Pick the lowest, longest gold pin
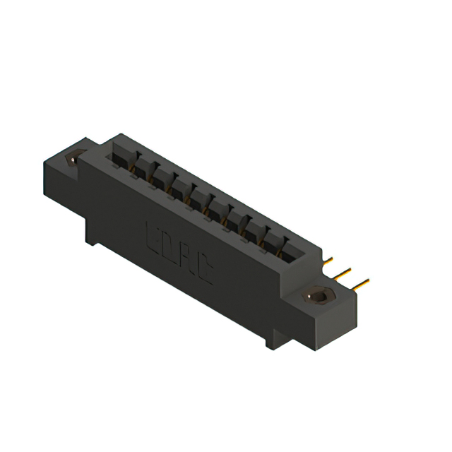(x=360, y=285)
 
